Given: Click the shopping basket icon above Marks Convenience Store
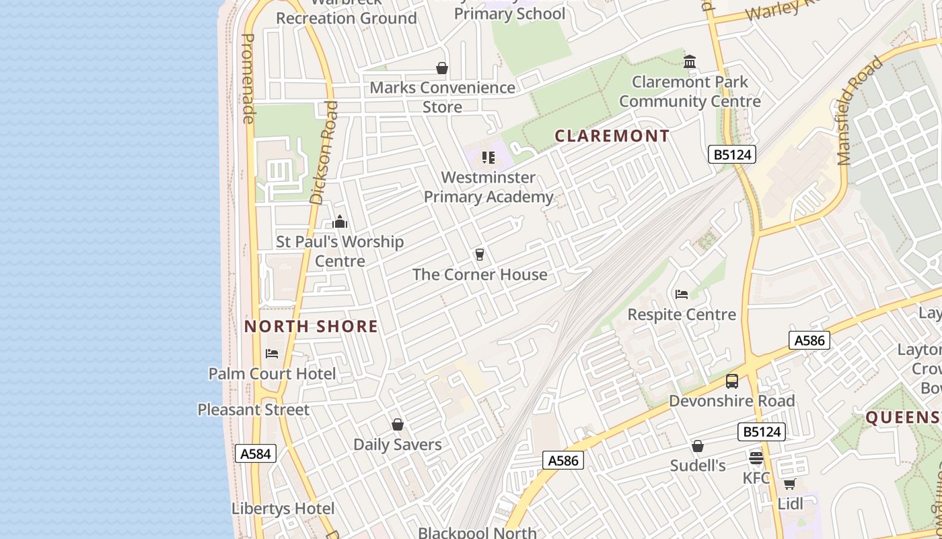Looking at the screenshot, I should click(x=442, y=68).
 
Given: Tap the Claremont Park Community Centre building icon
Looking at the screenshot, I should click(x=690, y=62).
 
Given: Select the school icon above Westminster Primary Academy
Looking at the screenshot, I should click(x=488, y=158).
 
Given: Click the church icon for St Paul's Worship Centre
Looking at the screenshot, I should click(x=340, y=222).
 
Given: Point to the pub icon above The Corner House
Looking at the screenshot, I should click(x=479, y=255).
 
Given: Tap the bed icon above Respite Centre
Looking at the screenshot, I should click(x=682, y=294).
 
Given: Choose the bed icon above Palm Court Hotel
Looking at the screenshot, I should click(x=272, y=353).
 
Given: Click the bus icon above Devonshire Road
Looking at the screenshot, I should click(x=732, y=381).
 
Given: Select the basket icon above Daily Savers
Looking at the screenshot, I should click(x=398, y=424).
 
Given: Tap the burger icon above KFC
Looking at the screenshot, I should click(x=756, y=458).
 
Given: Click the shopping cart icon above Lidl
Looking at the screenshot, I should click(x=789, y=484).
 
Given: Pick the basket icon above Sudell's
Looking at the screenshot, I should click(x=698, y=446).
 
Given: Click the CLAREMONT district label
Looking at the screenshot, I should click(x=612, y=136).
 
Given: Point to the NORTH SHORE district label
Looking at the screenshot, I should click(x=311, y=327).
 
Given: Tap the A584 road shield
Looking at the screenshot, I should click(x=256, y=453).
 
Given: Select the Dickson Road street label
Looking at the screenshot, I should click(x=324, y=152).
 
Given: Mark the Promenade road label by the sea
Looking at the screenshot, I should click(x=248, y=78).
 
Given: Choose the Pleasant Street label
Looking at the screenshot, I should click(x=254, y=410).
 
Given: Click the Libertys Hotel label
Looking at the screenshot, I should click(x=283, y=509).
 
